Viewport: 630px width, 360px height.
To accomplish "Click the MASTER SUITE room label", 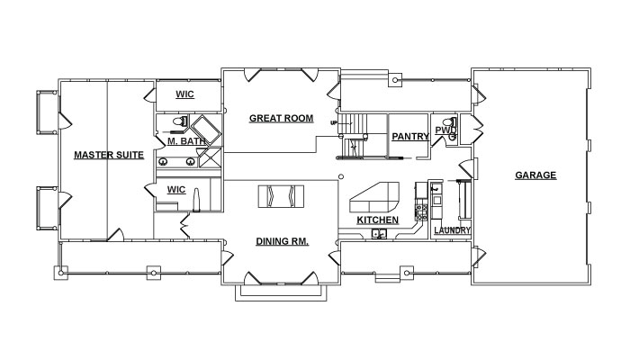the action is point(109,155).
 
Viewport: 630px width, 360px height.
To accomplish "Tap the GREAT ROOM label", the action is point(281,119).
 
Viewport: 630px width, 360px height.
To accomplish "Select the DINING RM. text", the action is point(282,241).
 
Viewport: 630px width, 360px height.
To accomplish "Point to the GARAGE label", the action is point(535,175).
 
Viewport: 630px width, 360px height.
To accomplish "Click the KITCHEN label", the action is point(378,220).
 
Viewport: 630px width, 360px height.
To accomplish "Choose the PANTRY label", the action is point(410,137).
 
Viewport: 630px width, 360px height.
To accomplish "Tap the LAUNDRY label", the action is point(452,230).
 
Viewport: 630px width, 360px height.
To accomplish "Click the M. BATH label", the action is point(186,141).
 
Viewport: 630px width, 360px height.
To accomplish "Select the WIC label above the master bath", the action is point(184,94).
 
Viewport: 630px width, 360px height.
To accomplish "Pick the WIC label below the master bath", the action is point(176,190).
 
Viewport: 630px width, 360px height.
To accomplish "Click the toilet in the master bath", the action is point(180,121).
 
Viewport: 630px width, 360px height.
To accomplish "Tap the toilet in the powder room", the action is point(450,121).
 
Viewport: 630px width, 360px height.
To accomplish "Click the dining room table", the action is point(281,196).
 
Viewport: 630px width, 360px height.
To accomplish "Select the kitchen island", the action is point(374,197).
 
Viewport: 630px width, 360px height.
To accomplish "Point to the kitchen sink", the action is point(379,233).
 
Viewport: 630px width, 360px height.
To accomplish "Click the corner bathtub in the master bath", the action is point(205,130).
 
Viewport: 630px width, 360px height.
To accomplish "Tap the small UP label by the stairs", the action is point(334,123).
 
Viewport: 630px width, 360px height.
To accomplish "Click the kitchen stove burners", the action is point(421,212).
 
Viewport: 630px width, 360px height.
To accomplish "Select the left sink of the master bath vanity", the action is point(163,162).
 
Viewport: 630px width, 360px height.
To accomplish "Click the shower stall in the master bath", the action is point(209,157).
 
